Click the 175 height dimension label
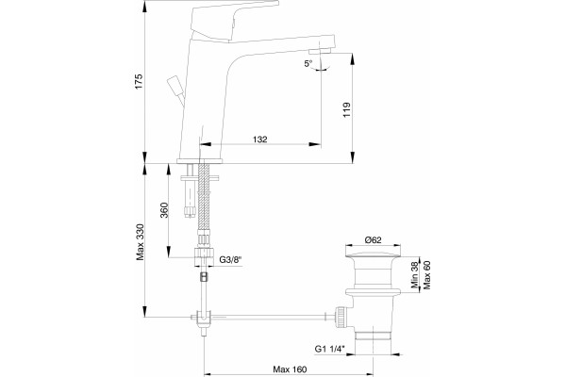[139, 82]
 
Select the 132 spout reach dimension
[260, 139]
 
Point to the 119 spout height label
[347, 110]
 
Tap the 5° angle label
[308, 64]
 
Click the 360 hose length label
[164, 210]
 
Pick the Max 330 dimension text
[140, 242]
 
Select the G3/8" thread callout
[231, 259]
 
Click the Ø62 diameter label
[373, 240]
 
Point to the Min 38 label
[414, 274]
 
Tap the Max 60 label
[427, 274]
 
